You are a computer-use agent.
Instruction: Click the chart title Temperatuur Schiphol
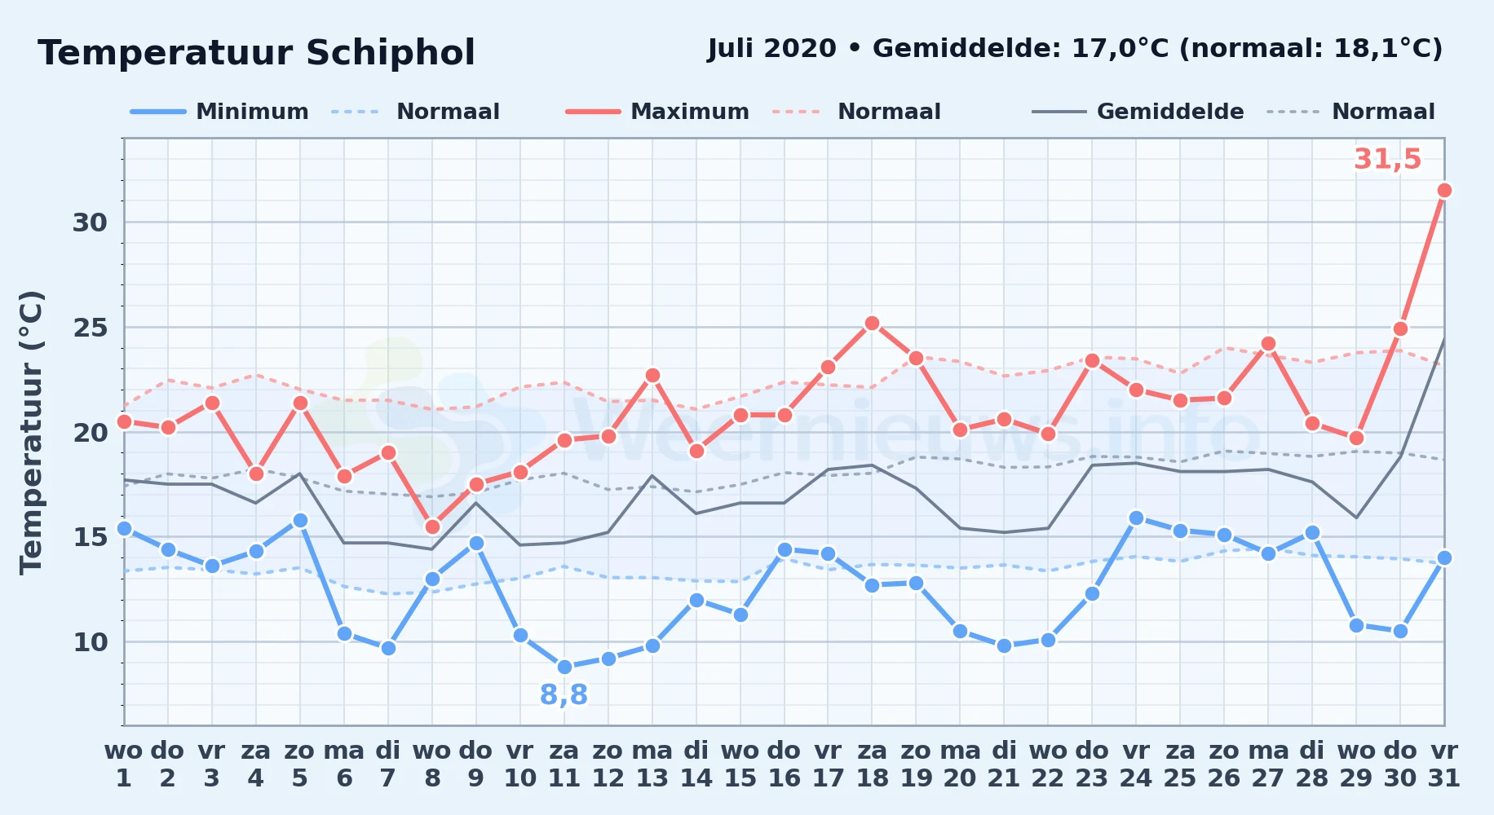[x=256, y=53]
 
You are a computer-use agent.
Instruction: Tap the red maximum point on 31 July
[x=1444, y=191]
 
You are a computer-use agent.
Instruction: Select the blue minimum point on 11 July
[x=564, y=667]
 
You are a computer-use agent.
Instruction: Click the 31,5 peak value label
[x=1387, y=159]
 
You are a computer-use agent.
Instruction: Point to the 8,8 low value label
[x=564, y=695]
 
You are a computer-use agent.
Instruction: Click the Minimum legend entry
[x=220, y=112]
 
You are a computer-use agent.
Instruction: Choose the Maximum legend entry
[x=657, y=112]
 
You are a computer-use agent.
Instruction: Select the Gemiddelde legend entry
[x=1138, y=112]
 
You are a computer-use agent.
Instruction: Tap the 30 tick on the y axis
[x=90, y=222]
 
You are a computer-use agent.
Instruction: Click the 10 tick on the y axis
[x=90, y=642]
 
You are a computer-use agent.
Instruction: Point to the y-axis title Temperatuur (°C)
[x=32, y=432]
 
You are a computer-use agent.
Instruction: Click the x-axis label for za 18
[x=872, y=764]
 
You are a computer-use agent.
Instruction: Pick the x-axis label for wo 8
[x=432, y=764]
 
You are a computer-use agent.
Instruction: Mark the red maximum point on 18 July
[x=872, y=324]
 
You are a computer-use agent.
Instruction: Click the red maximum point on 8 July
[x=432, y=527]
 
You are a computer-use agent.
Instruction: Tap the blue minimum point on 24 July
[x=1136, y=518]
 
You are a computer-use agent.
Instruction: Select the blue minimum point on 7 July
[x=388, y=649]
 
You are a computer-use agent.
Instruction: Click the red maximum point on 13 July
[x=652, y=376]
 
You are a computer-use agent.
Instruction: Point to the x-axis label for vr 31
[x=1444, y=764]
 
